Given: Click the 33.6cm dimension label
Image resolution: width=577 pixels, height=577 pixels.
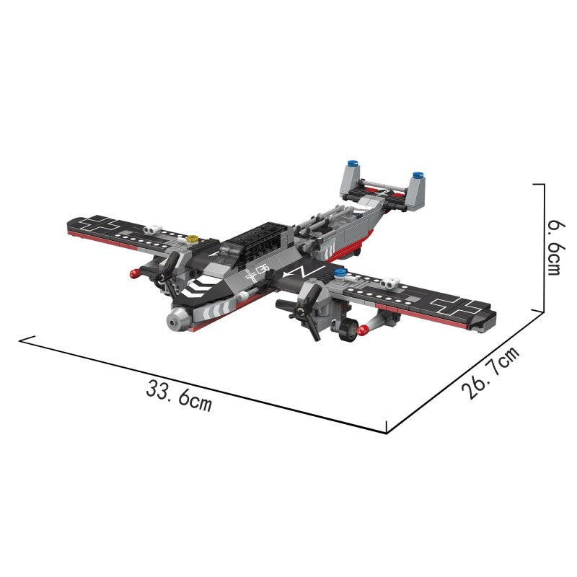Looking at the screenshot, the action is click(x=179, y=395).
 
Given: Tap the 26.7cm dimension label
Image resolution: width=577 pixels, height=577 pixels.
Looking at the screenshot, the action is click(x=490, y=372).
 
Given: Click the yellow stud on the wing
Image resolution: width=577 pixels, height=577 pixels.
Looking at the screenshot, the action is click(x=193, y=239).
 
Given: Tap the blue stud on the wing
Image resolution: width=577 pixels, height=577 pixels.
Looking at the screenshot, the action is click(x=340, y=273).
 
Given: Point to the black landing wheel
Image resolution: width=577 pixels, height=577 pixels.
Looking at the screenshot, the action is click(x=348, y=330).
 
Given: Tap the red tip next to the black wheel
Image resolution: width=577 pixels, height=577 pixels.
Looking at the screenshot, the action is click(x=364, y=330).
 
